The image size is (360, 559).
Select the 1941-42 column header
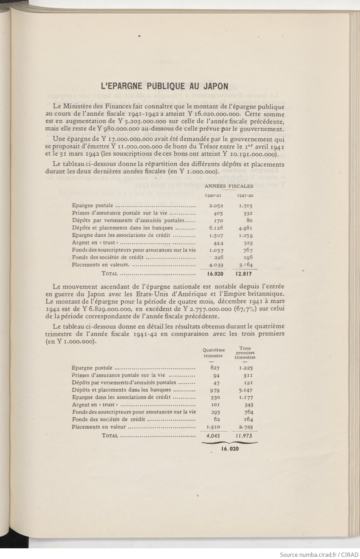[x=245, y=195]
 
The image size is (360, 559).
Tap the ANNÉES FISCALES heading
[x=229, y=186]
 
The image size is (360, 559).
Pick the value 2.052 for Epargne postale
[x=216, y=206]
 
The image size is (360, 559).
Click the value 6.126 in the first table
[x=216, y=228]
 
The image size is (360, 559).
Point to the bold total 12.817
[x=244, y=274]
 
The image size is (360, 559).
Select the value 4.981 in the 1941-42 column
[x=245, y=228]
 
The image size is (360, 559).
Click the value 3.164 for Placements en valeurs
[x=245, y=265]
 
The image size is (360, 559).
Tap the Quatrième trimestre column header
[x=213, y=353]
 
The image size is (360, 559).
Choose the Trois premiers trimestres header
[x=245, y=353]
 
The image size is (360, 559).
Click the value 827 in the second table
[x=215, y=368]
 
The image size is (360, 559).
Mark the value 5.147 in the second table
[x=246, y=390]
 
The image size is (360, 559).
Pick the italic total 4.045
[x=213, y=435]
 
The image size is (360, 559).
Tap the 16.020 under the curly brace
[x=230, y=449]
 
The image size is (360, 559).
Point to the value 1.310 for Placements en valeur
[x=213, y=427]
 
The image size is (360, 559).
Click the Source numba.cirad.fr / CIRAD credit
[x=319, y=554]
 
